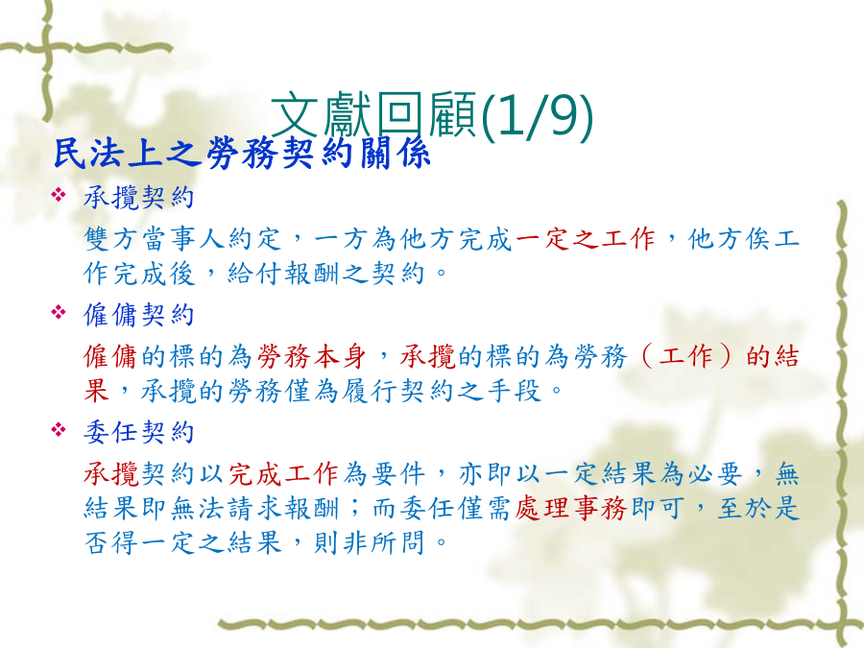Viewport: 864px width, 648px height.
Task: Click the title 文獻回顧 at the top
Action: coord(373,115)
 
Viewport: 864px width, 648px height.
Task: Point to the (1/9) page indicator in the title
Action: coord(536,115)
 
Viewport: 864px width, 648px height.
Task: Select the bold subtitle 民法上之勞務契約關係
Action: coord(241,153)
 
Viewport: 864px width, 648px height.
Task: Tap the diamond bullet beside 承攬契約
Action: coord(59,195)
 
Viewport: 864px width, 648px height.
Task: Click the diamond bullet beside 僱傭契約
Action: coord(59,312)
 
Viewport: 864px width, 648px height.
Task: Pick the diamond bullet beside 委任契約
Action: coord(59,429)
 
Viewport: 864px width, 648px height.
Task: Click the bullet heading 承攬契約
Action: coord(139,197)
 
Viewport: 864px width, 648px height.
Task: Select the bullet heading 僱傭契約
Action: coord(139,315)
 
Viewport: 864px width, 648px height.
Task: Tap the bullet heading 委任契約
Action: coord(139,432)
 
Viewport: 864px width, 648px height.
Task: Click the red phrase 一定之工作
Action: coord(587,239)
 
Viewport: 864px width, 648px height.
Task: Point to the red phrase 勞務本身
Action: coord(312,356)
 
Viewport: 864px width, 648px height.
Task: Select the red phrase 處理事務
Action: coord(571,508)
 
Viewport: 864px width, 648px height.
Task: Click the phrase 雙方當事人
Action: coord(155,239)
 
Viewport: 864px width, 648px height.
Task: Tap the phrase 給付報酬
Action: coord(283,274)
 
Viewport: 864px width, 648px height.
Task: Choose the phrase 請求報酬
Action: coord(283,508)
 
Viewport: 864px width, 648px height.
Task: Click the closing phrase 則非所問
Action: coord(370,542)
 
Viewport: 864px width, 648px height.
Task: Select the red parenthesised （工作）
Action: coord(686,356)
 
